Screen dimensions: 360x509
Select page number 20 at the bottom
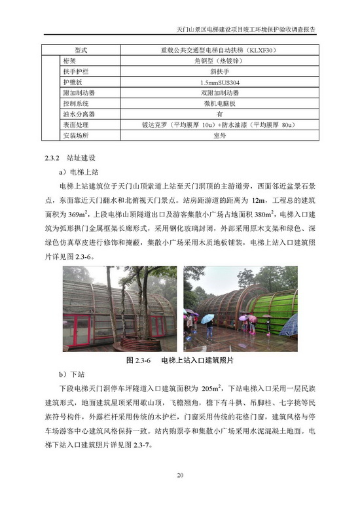180,476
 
